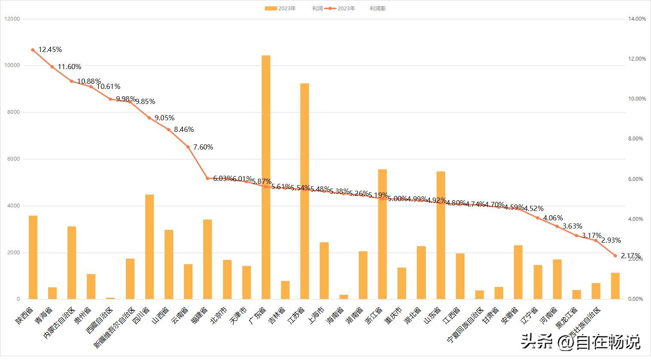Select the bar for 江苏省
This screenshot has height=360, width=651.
click(x=305, y=191)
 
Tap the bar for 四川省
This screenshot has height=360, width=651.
click(x=150, y=247)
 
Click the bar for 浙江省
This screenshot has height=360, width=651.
click(x=382, y=234)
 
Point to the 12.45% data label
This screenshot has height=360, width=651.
click(x=50, y=50)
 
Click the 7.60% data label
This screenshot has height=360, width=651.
click(x=203, y=147)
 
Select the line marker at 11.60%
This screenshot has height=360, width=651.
click(x=52, y=67)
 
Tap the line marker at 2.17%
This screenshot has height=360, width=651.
click(x=615, y=256)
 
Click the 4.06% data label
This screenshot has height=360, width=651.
click(x=553, y=218)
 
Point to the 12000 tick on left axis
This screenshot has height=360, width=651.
click(x=12, y=19)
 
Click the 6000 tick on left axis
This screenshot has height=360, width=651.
click(x=13, y=159)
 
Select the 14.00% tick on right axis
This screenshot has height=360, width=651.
click(x=637, y=19)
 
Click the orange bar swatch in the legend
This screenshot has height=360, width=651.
click(x=270, y=9)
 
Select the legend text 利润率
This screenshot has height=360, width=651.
click(x=377, y=9)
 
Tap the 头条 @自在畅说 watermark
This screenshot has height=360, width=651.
click(x=581, y=342)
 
